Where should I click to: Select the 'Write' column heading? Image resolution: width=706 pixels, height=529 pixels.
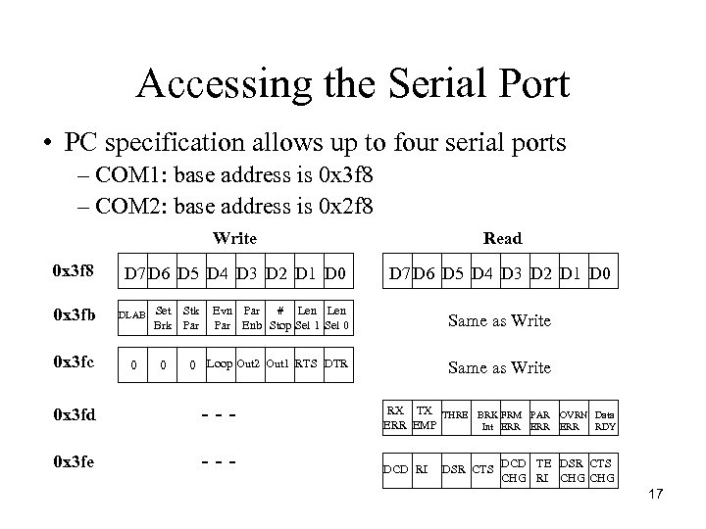[234, 238]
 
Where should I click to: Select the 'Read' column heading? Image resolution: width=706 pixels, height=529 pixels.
[502, 238]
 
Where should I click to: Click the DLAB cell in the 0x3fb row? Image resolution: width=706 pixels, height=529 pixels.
[132, 314]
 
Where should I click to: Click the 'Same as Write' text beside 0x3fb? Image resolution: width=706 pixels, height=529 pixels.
[499, 320]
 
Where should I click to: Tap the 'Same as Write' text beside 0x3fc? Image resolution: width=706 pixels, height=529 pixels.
[499, 367]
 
